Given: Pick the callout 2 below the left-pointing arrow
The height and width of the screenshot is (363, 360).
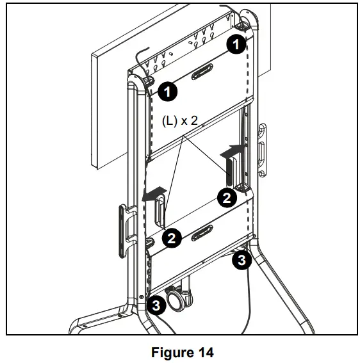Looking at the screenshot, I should click(x=171, y=238).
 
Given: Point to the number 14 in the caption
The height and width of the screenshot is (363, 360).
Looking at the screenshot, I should click(x=204, y=351).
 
